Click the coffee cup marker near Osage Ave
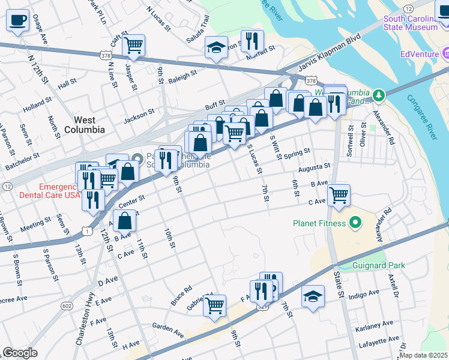pos(17,20)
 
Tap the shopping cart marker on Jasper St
pos(134,44)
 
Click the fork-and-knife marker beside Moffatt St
pos(252,41)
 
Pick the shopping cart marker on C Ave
pos(339,194)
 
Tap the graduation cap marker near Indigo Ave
pos(313,296)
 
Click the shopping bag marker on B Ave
pos(124,221)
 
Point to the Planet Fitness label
pos(319,224)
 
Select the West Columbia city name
pos(85,125)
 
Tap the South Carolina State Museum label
pos(411,23)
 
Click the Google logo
pos(20,353)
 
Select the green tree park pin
pos(378,95)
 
